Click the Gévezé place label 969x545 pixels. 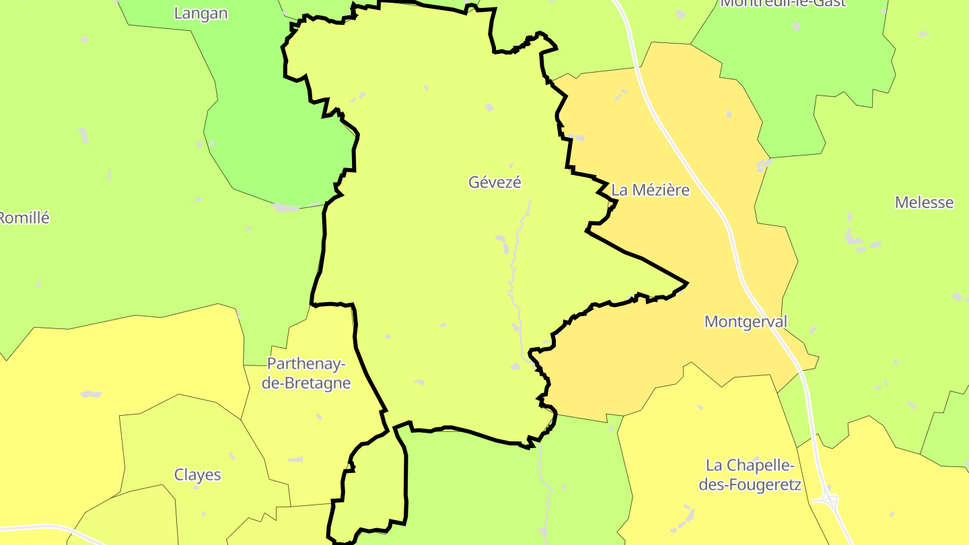pos(495,182)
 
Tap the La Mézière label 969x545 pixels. pos(650,190)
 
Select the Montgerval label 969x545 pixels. pos(745,322)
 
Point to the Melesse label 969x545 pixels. pos(924,203)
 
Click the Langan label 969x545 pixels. pos(201,13)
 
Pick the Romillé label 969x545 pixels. pos(25,218)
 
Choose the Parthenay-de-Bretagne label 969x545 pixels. pos(308,373)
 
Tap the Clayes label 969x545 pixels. pos(197,475)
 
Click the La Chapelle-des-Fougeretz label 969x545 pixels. pos(750,474)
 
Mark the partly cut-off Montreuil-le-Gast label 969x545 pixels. pos(783,3)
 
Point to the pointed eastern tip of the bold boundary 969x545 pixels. pos(686,283)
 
